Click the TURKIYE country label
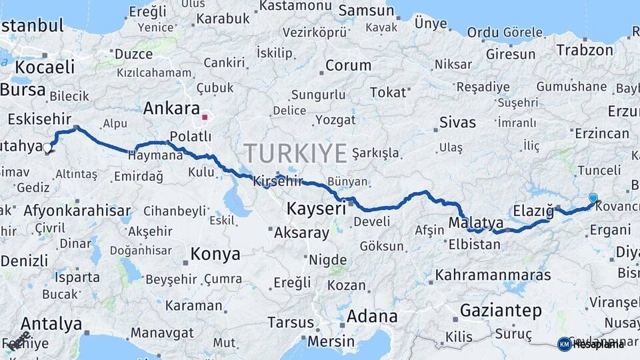tap(295, 153)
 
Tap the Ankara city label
tap(171, 108)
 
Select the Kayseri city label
tap(316, 209)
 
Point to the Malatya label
tap(475, 222)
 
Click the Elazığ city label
tap(533, 211)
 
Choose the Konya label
tap(215, 254)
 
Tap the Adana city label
tap(372, 316)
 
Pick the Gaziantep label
tap(501, 310)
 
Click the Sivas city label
tap(458, 122)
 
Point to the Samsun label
tap(366, 11)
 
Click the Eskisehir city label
tap(40, 119)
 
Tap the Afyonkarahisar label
tap(77, 211)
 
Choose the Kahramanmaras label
tap(493, 275)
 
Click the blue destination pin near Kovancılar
tap(593, 197)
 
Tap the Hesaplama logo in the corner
tap(591, 344)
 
